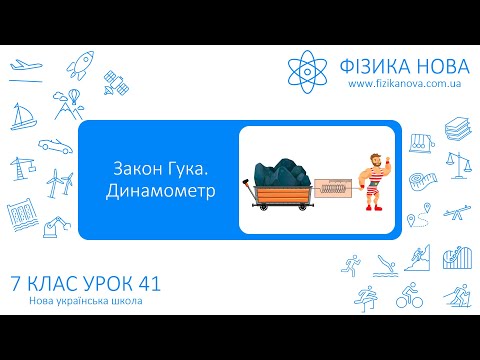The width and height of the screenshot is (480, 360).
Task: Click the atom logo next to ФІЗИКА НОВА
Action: click(309, 68)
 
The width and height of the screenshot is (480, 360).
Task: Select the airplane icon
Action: click(22, 69)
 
